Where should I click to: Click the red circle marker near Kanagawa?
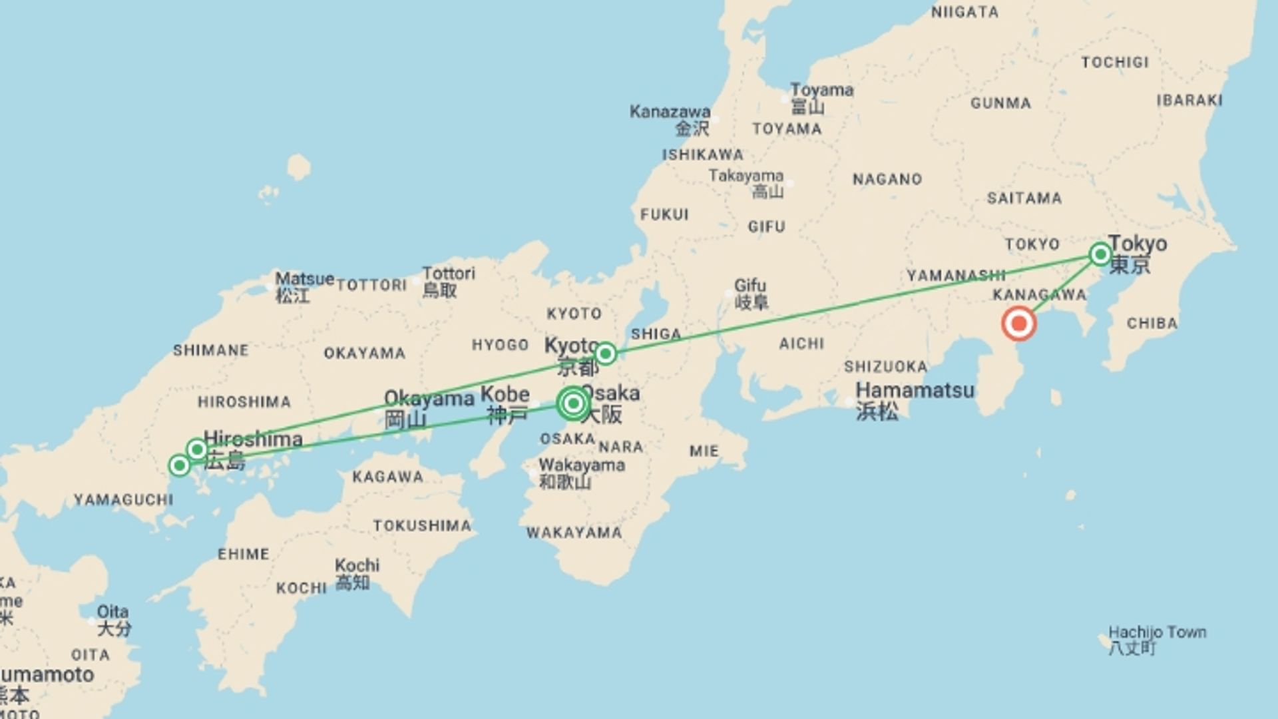pos(1018,324)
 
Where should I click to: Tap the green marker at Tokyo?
pos(1100,254)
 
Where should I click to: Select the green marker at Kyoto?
pos(605,353)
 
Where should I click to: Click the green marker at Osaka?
pos(573,403)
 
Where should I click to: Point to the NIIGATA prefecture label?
pos(964,12)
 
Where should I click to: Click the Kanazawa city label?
pos(670,112)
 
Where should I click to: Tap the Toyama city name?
pos(821,90)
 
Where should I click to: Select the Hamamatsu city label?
pos(915,390)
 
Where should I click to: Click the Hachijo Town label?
pos(1157,632)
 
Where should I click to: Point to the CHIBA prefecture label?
pos(1152,324)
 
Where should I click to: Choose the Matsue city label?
pos(304,279)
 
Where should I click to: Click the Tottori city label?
pos(449,274)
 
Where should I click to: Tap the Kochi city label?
pos(357,565)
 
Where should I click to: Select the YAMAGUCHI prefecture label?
pos(123,499)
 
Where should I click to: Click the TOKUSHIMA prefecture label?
pos(422,526)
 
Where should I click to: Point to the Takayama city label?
pos(745,176)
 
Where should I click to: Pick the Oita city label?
pos(112,612)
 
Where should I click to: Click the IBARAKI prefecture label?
pos(1189,100)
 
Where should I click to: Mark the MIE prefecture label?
pos(704,451)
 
